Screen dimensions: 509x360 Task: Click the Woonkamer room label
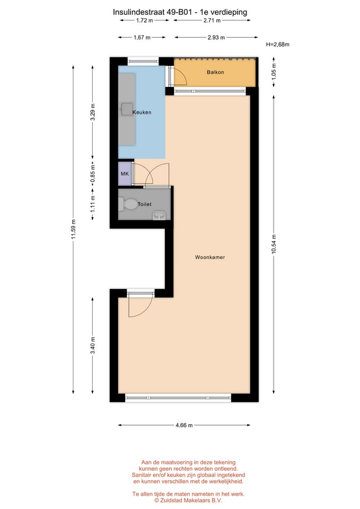[x=210, y=257]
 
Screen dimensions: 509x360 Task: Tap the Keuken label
[x=142, y=112]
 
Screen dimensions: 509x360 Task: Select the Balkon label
[x=215, y=72]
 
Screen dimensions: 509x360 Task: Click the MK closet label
[x=125, y=174]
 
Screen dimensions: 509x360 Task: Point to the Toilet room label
[x=145, y=204]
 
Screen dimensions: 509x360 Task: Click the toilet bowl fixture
[x=129, y=204]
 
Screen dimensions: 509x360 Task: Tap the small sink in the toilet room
[x=159, y=215]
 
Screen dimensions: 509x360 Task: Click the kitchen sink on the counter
[x=127, y=109]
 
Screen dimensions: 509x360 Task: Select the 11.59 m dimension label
[x=74, y=229]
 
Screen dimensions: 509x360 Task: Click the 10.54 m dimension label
[x=274, y=244]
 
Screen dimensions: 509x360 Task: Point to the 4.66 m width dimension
[x=183, y=425]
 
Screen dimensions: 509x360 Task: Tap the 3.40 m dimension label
[x=93, y=346]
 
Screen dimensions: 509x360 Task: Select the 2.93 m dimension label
[x=215, y=38]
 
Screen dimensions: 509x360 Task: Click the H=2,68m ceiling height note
[x=278, y=45]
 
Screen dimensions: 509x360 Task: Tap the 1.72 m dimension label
[x=144, y=21]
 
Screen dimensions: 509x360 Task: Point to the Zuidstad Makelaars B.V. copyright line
[x=188, y=500]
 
